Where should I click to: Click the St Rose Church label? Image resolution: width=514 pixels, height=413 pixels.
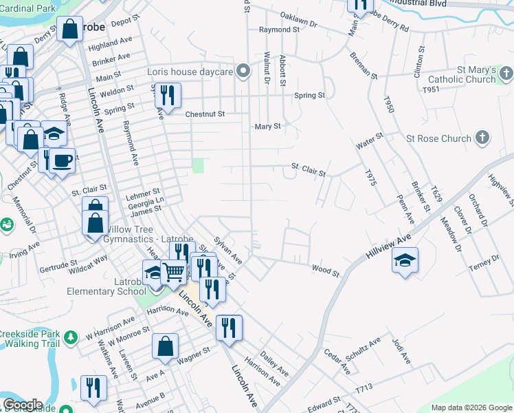(438, 138)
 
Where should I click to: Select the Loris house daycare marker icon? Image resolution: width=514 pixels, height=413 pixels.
(243, 71)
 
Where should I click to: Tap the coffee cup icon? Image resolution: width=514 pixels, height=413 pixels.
(63, 161)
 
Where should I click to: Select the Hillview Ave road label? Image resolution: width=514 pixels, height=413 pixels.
(388, 246)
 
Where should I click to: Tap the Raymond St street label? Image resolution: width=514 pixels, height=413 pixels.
(279, 30)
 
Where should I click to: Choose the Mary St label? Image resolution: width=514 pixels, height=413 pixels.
(268, 127)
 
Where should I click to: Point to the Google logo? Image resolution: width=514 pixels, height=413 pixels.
(22, 405)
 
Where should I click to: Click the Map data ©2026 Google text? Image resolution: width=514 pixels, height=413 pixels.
(471, 407)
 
